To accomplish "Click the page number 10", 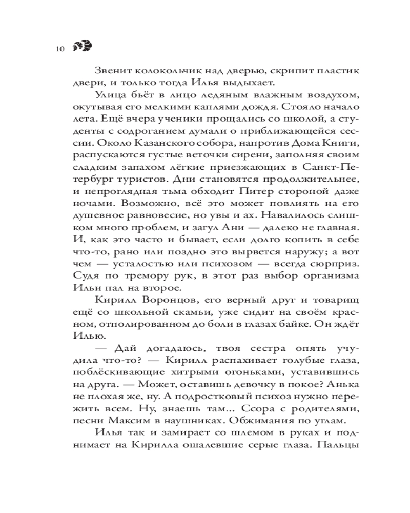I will (59, 49).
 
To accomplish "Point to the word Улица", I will (108, 96).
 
